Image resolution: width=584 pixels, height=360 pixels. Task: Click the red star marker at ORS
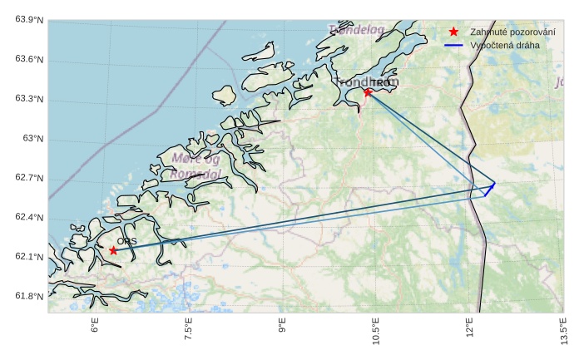point(113,250)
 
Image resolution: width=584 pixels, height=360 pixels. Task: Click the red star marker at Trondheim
point(368,92)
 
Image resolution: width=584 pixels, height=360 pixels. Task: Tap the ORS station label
point(126,241)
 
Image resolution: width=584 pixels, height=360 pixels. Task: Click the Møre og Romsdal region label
point(195,166)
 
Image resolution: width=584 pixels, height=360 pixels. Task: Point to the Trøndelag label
point(357,30)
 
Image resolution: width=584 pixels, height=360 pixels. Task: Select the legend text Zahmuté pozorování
point(512,32)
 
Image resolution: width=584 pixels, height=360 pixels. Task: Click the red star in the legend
point(453,32)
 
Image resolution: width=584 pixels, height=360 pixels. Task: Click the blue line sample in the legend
point(453,45)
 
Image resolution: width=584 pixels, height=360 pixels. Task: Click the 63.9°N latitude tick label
point(29,20)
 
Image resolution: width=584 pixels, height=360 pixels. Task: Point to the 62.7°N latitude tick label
point(29,179)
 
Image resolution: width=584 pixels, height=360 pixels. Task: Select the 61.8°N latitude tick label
point(29,297)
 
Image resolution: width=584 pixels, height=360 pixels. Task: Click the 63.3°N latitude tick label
point(29,99)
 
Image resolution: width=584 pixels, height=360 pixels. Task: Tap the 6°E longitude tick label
point(95,329)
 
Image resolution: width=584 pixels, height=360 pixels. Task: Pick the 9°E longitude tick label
point(282,329)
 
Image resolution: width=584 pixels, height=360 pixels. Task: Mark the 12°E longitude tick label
point(470,331)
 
